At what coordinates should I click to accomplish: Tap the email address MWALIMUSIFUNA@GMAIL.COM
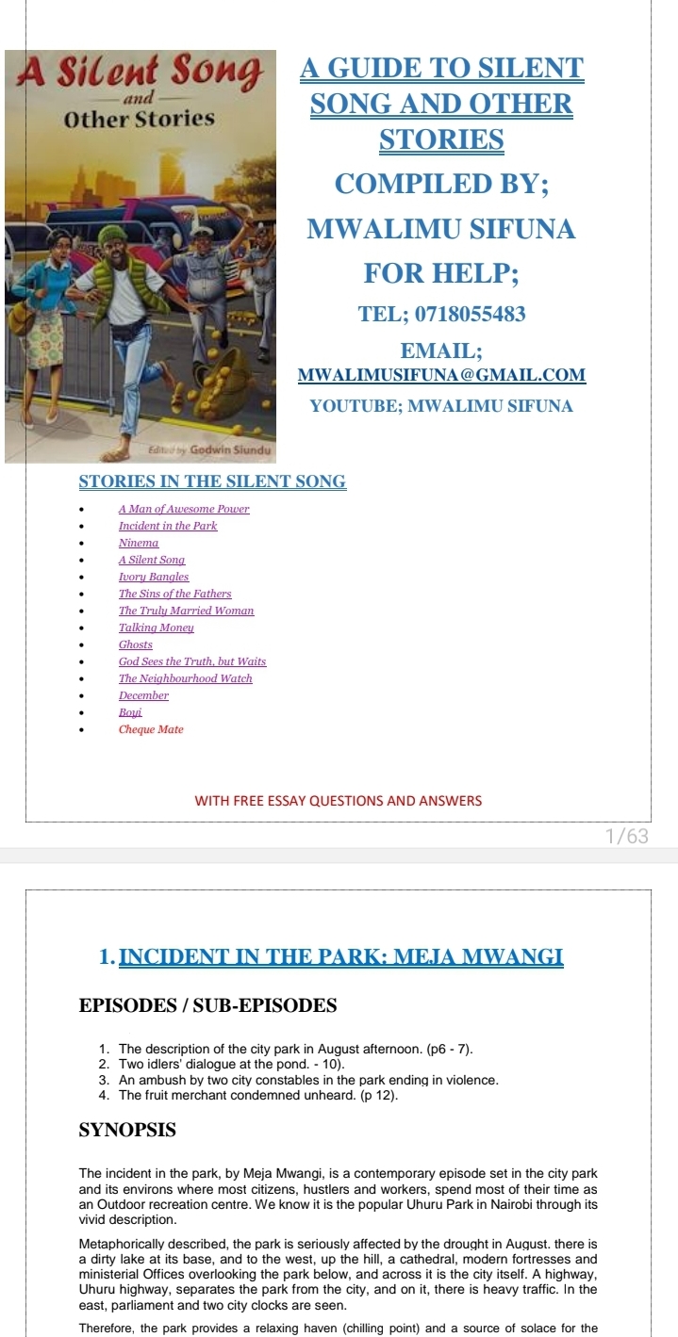441,375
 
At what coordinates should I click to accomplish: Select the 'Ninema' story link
139,543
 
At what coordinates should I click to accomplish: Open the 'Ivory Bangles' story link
154,577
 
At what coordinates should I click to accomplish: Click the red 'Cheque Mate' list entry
151,729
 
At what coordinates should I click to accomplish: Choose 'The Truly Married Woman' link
186,611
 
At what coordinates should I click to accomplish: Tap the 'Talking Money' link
156,628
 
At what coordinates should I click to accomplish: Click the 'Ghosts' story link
136,644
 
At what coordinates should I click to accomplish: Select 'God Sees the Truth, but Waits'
192,661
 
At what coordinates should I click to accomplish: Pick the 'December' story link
143,695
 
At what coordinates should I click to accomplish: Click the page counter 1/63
627,836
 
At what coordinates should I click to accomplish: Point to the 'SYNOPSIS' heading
127,1130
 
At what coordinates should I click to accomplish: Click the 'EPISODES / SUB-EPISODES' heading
207,1005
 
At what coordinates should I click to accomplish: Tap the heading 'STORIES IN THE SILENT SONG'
212,481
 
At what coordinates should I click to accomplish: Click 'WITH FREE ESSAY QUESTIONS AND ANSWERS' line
338,801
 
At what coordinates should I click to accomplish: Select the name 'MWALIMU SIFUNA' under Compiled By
441,229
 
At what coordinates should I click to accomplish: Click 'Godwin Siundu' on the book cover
229,450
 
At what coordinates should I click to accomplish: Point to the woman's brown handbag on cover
21,317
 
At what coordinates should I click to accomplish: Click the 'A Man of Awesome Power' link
184,509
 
